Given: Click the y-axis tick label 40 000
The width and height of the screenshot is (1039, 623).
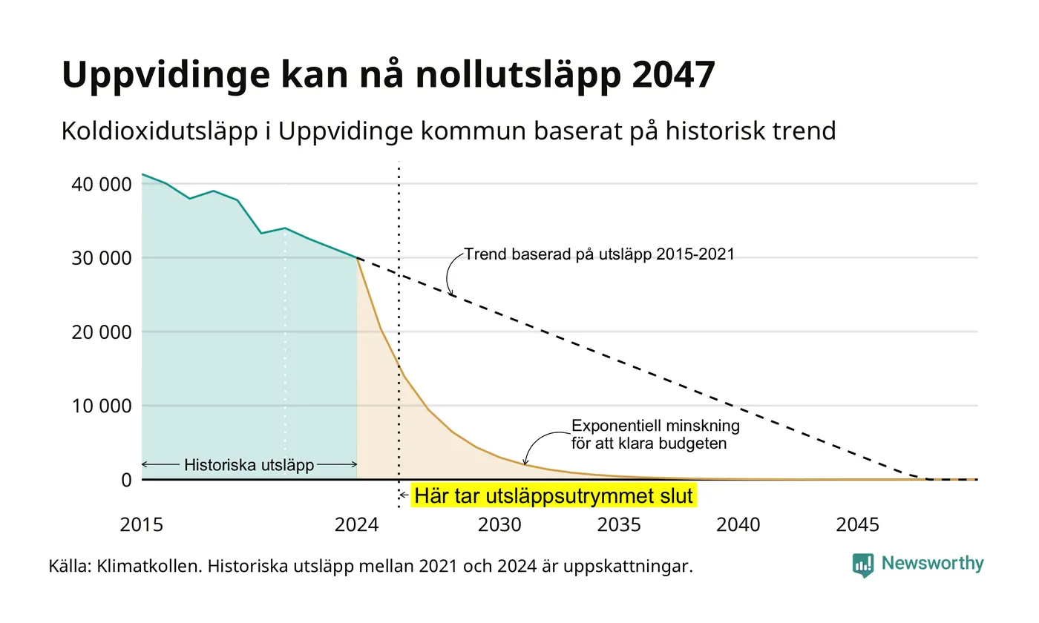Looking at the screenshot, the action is pyautogui.click(x=102, y=185).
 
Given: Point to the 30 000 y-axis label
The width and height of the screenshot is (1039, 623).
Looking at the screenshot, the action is pyautogui.click(x=102, y=258).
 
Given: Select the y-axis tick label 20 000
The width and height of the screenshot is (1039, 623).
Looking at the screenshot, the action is pyautogui.click(x=102, y=332).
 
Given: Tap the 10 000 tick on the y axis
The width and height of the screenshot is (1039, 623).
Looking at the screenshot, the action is pyautogui.click(x=102, y=406).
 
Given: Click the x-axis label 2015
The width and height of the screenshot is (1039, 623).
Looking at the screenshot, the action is pyautogui.click(x=142, y=525).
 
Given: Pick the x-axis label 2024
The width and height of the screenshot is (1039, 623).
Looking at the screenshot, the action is pyautogui.click(x=357, y=525).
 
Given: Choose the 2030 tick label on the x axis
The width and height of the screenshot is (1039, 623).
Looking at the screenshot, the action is pyautogui.click(x=500, y=525).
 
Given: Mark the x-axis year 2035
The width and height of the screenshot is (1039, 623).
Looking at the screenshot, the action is pyautogui.click(x=619, y=525).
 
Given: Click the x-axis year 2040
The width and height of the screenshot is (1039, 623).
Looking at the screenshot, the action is pyautogui.click(x=738, y=525).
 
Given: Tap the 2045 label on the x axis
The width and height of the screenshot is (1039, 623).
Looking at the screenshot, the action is pyautogui.click(x=858, y=525).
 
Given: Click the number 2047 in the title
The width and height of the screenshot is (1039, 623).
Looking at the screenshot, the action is pyautogui.click(x=674, y=74).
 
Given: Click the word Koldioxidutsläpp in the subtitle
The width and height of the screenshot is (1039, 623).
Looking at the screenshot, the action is pyautogui.click(x=160, y=131).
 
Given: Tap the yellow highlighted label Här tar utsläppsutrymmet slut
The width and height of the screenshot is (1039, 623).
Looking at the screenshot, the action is pyautogui.click(x=554, y=495).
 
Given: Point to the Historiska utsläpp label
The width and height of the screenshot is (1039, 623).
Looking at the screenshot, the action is pyautogui.click(x=249, y=465).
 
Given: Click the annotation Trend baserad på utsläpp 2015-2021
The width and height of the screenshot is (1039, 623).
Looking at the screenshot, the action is pyautogui.click(x=600, y=254).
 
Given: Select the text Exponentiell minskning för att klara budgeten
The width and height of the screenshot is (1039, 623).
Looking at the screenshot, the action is pyautogui.click(x=655, y=435).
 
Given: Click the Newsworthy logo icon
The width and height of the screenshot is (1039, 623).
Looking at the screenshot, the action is pyautogui.click(x=863, y=565).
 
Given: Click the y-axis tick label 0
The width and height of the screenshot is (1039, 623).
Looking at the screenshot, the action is pyautogui.click(x=127, y=481).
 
